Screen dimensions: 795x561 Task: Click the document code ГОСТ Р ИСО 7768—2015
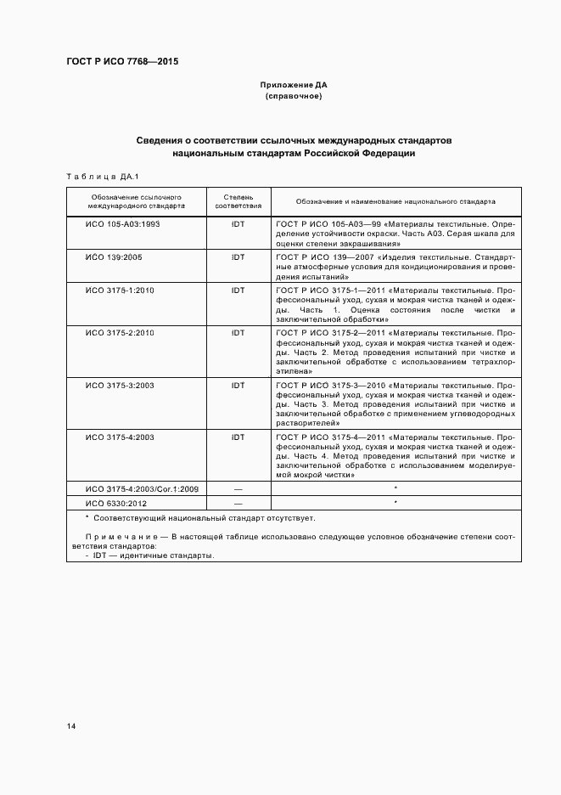click(x=121, y=62)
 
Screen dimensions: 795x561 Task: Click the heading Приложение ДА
click(x=293, y=86)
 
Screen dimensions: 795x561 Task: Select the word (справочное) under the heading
click(x=293, y=97)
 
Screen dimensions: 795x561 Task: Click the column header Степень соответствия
click(x=238, y=201)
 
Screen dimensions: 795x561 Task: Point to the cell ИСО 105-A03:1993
click(x=123, y=224)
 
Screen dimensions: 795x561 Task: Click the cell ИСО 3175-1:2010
click(x=120, y=290)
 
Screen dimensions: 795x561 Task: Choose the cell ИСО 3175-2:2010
click(x=120, y=332)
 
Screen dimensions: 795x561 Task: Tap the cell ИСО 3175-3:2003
click(x=120, y=385)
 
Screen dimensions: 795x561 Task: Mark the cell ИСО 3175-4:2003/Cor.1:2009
click(x=141, y=489)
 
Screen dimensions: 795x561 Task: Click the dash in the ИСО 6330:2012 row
click(x=238, y=504)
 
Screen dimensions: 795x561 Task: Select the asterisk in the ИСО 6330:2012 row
click(x=396, y=504)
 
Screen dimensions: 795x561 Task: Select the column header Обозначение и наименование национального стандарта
click(x=396, y=201)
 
